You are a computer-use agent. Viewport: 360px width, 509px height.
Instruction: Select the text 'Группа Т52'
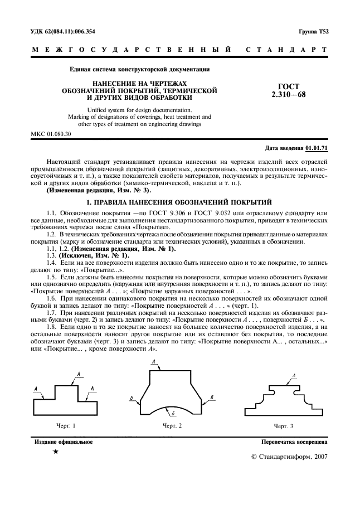coord(314,32)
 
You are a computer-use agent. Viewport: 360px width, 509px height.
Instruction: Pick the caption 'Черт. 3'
coord(284,426)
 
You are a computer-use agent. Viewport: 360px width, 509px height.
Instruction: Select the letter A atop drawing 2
coord(153,362)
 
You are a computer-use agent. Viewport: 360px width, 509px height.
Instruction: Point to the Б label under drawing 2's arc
coord(173,414)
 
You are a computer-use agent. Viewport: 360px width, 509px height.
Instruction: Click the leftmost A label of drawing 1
coord(36,388)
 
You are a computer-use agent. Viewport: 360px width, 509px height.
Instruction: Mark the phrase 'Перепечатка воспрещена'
coord(294,442)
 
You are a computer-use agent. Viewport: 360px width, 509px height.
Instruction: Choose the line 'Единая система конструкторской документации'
coord(139,70)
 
